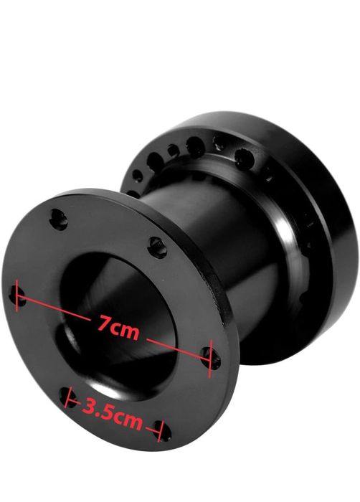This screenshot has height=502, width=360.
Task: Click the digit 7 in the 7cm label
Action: point(103,323)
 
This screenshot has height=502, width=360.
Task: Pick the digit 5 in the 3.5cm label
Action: point(108,411)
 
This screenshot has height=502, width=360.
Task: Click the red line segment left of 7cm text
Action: point(53,308)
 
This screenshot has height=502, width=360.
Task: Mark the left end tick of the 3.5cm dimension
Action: point(67,397)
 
